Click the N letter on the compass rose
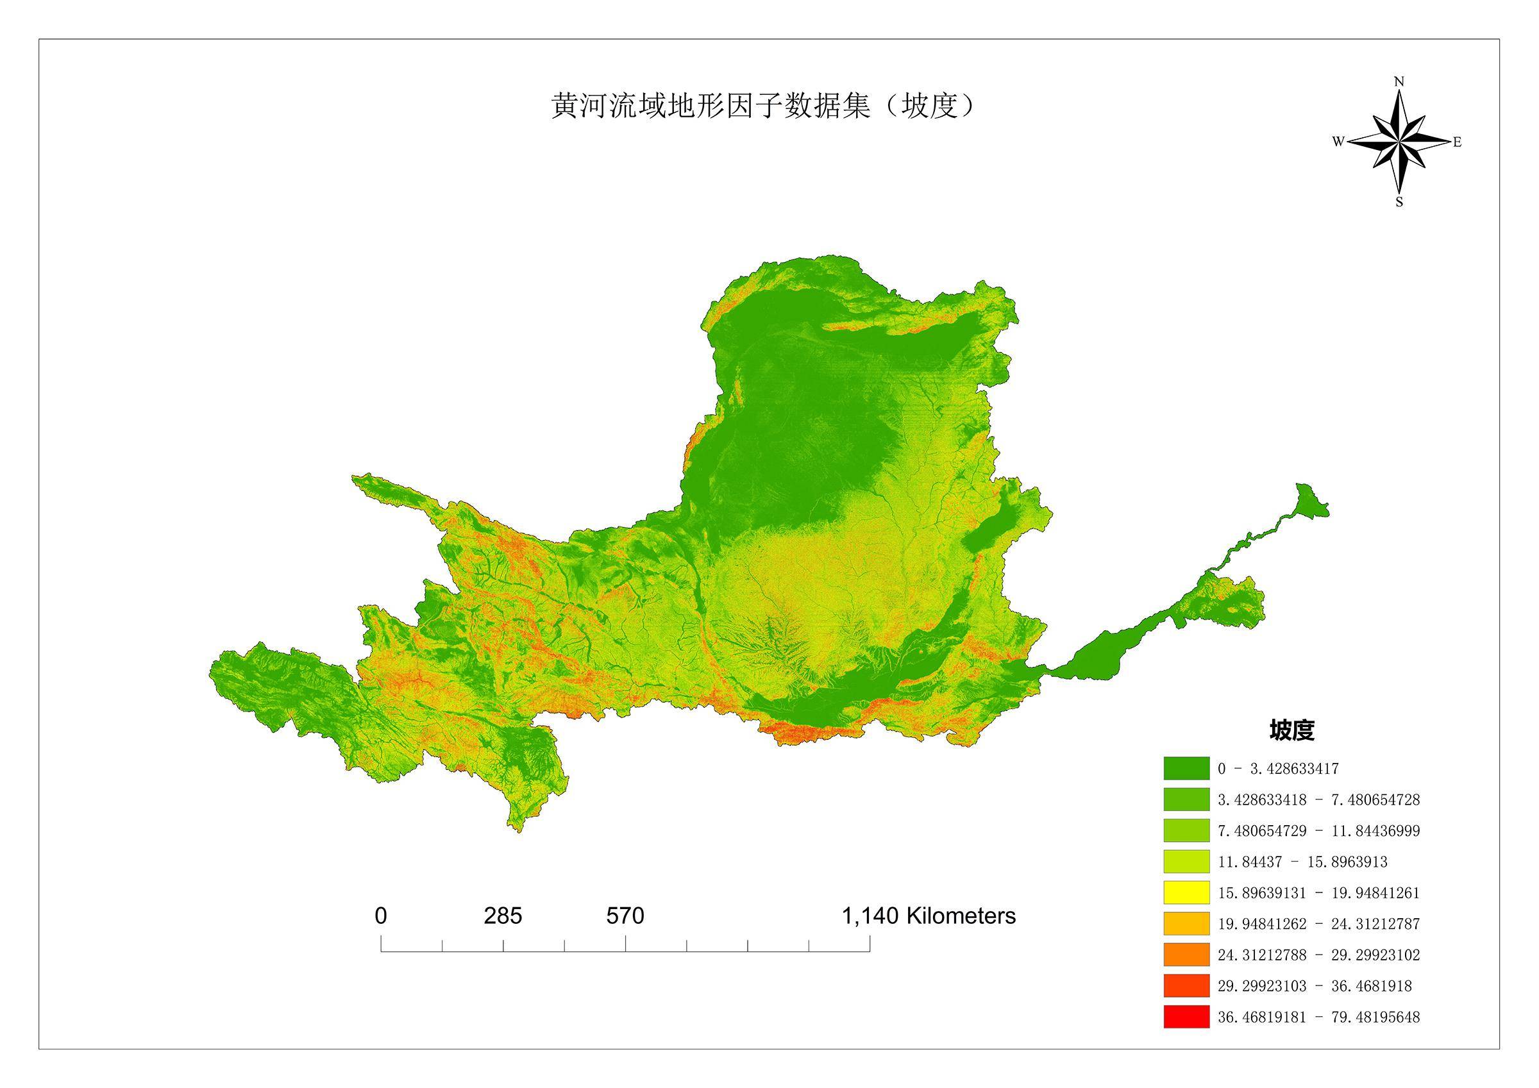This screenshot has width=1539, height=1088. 1399,82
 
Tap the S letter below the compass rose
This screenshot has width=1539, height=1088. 1399,202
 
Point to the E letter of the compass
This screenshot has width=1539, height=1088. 1457,142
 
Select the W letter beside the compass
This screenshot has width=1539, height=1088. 1337,142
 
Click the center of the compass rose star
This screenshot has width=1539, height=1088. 1399,142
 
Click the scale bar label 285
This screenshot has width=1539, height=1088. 503,916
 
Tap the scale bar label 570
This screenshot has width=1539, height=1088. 625,916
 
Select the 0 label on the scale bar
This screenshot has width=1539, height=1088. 381,916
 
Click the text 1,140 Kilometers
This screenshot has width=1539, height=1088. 929,916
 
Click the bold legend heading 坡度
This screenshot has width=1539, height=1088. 1291,731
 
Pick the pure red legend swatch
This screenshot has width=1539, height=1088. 1186,1017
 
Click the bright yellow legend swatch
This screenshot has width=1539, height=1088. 1186,892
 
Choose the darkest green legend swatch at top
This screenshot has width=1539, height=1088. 1186,768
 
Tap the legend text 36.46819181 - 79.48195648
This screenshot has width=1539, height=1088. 1318,1017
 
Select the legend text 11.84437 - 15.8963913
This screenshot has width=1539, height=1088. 1302,862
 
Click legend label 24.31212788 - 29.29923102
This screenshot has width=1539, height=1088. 1318,955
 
